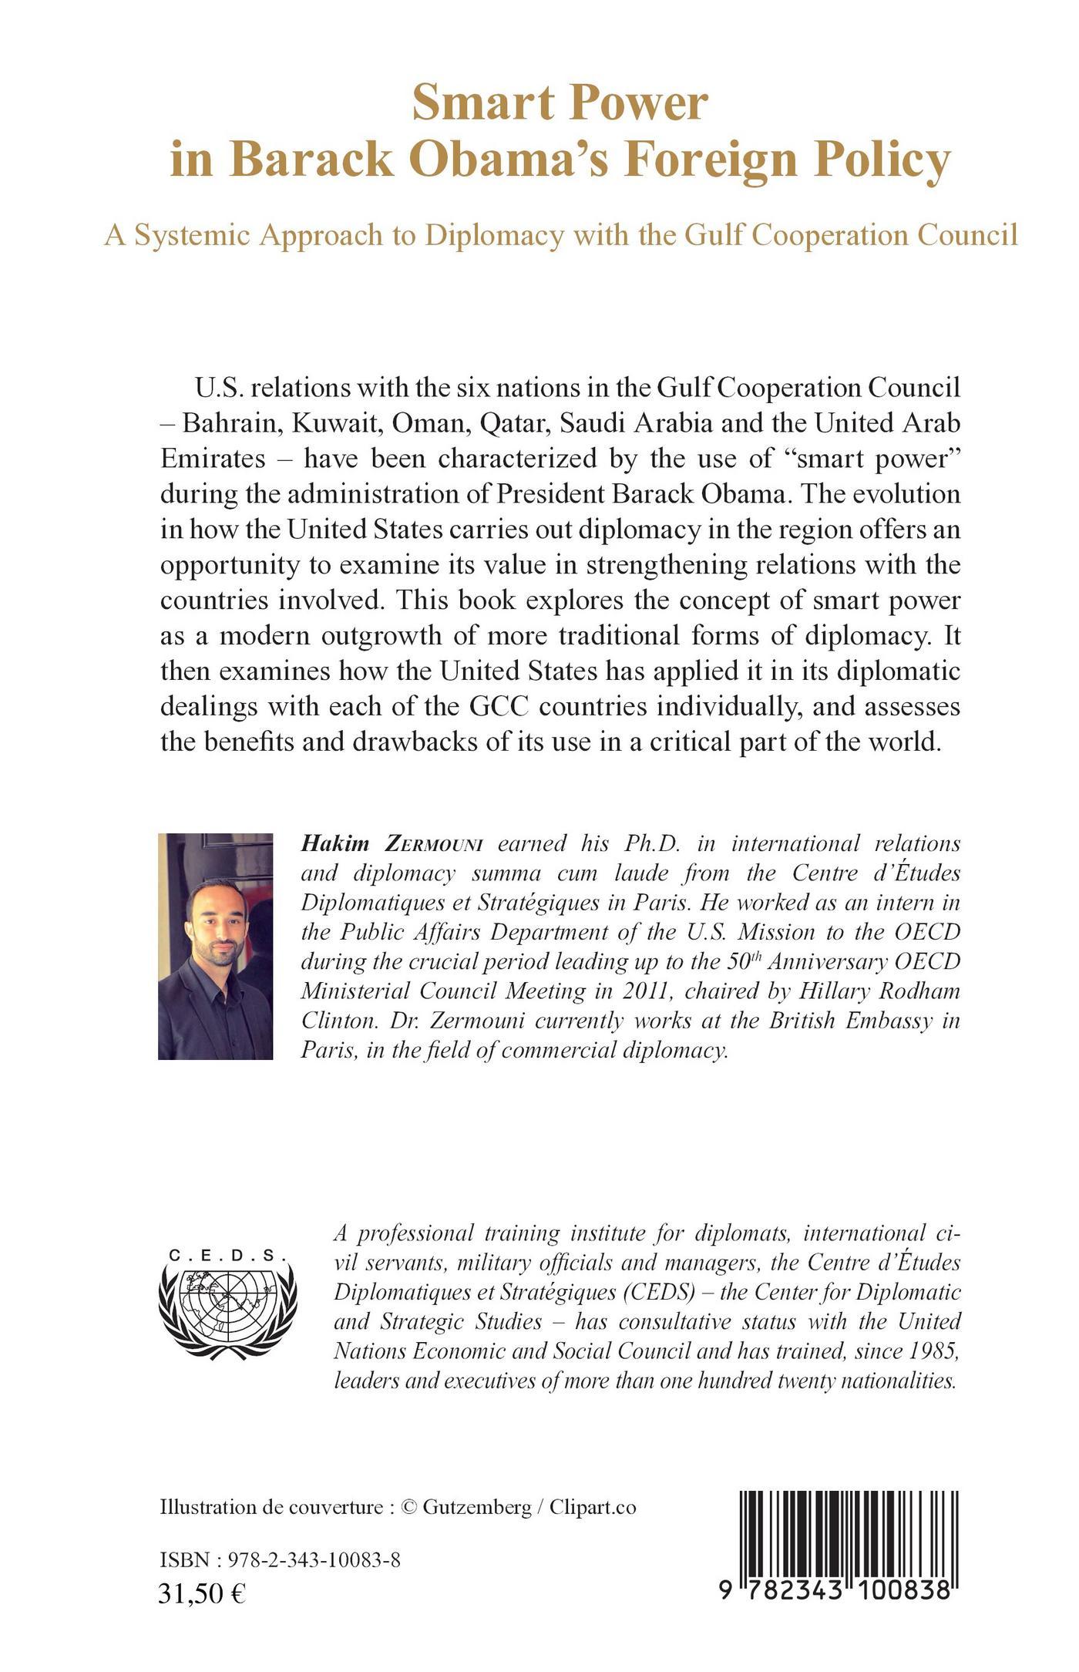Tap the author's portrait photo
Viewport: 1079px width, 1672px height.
click(215, 946)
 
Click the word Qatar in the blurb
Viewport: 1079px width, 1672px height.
click(513, 423)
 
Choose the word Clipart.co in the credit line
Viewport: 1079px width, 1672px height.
click(593, 1508)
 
